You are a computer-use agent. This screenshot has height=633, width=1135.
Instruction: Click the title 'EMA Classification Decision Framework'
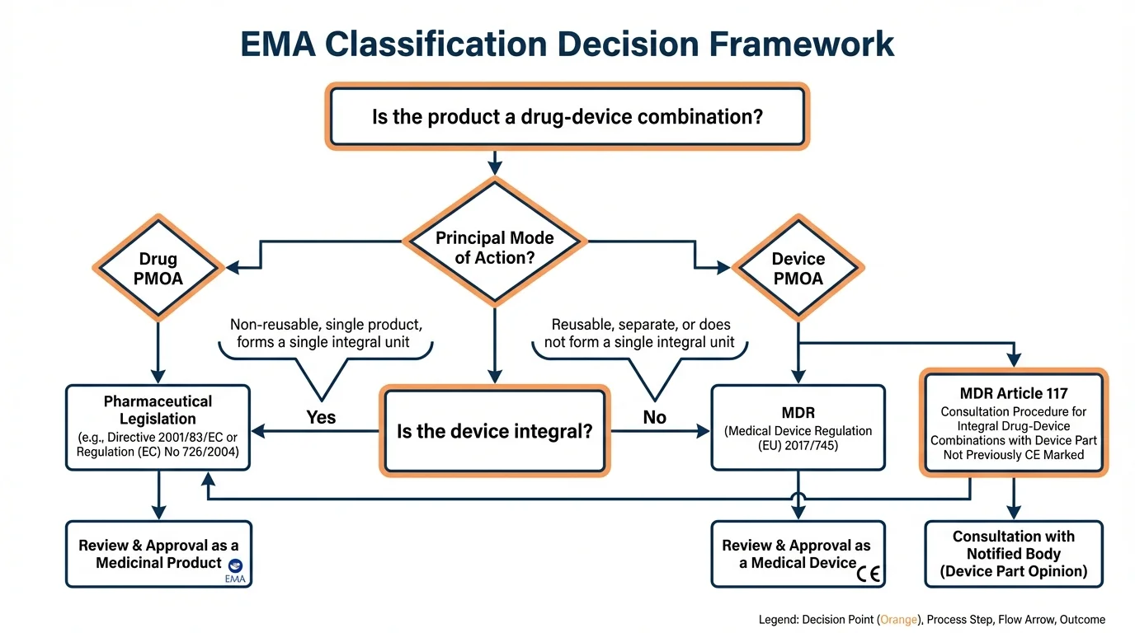(x=567, y=44)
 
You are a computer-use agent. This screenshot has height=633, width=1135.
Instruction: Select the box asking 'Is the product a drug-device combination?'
(x=567, y=116)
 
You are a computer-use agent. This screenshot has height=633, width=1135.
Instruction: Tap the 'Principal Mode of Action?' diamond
(x=494, y=247)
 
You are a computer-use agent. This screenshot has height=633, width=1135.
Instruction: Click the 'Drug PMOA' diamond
(x=158, y=269)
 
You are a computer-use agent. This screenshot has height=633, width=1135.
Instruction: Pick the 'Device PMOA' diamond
(x=798, y=269)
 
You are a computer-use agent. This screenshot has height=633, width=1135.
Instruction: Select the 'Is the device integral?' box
(x=494, y=431)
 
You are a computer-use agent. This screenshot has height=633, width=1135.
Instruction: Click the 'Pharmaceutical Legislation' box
(x=158, y=427)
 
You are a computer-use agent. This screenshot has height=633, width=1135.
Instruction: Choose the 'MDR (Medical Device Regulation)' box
(x=798, y=427)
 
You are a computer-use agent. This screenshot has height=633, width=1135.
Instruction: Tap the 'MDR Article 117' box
(x=1014, y=423)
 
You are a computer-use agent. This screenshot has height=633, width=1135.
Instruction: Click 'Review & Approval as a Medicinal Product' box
(x=158, y=554)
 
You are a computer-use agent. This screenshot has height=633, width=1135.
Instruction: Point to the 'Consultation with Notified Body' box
(x=1014, y=554)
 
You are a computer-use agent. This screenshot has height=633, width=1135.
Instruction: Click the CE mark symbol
(x=868, y=574)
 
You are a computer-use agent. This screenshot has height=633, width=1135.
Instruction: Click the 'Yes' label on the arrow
(x=321, y=418)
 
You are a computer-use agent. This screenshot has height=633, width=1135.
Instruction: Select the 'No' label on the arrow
(x=654, y=418)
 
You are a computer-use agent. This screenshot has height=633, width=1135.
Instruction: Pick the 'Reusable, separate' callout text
(x=641, y=333)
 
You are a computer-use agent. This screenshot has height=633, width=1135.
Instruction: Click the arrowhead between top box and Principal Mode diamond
(x=494, y=168)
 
